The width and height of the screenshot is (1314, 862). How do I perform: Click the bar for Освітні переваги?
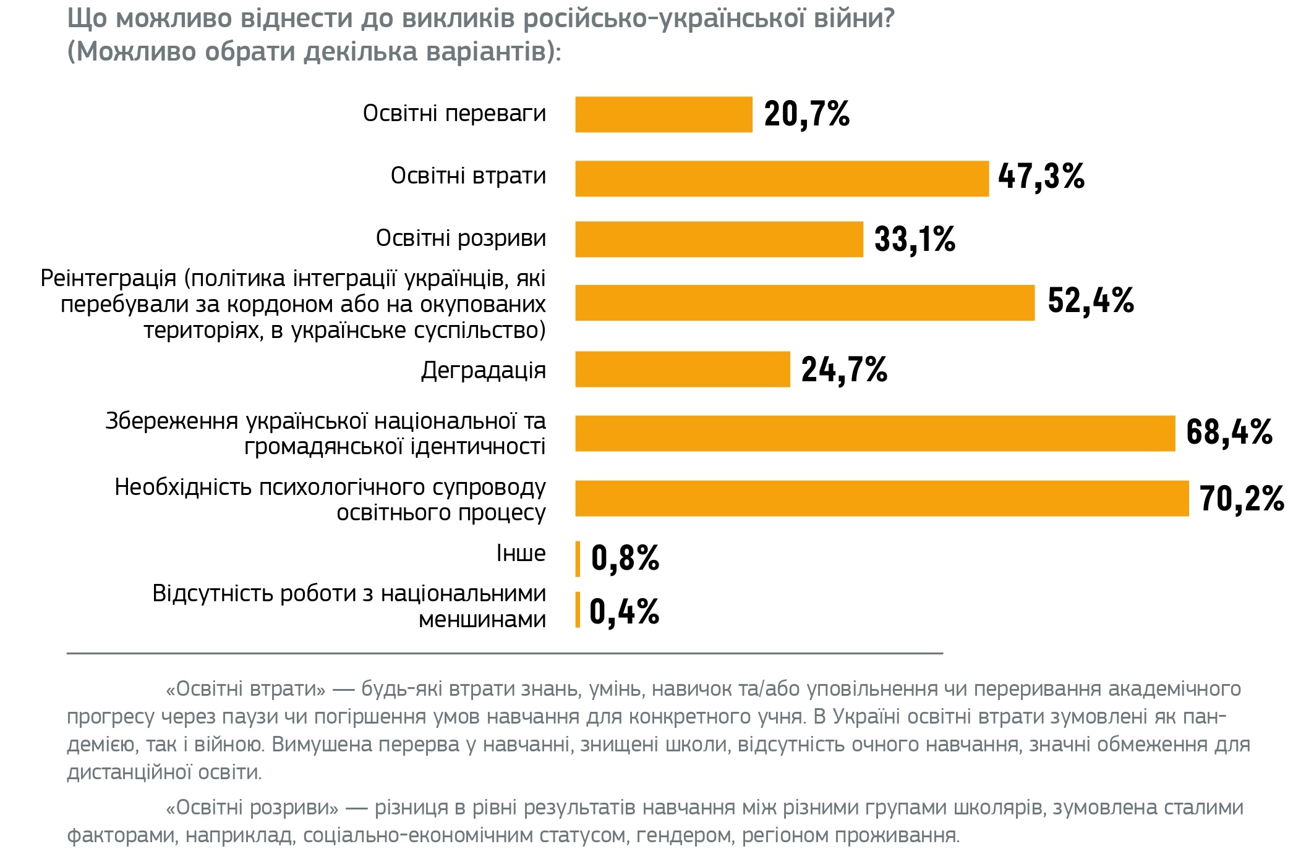click(663, 114)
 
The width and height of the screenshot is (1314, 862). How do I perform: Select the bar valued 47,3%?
click(782, 179)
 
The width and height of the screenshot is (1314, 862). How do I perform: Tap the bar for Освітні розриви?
click(719, 239)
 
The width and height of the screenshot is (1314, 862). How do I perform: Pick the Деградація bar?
click(682, 370)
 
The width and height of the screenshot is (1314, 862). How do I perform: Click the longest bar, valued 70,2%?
click(881, 498)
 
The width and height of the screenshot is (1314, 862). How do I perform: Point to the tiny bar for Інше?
click(578, 559)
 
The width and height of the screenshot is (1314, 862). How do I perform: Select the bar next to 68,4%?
click(874, 433)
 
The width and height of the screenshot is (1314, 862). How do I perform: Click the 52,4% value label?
click(1091, 301)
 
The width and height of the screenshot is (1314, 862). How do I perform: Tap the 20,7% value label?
click(807, 114)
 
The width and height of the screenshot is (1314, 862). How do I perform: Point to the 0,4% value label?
click(624, 612)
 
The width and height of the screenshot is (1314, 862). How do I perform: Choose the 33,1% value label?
click(915, 239)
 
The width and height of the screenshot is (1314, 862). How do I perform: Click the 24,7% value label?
click(844, 370)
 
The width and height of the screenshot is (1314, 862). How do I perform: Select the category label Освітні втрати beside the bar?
click(468, 176)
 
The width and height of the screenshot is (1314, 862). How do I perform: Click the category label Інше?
click(521, 554)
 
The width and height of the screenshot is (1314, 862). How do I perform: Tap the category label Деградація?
click(483, 370)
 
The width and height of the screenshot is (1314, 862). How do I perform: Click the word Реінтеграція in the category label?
click(108, 279)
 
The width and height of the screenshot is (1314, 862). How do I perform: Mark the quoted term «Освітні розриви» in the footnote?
click(252, 808)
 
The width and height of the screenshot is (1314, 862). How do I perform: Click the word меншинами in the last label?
click(482, 619)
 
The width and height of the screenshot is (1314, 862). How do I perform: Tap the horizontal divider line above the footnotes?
click(504, 653)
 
